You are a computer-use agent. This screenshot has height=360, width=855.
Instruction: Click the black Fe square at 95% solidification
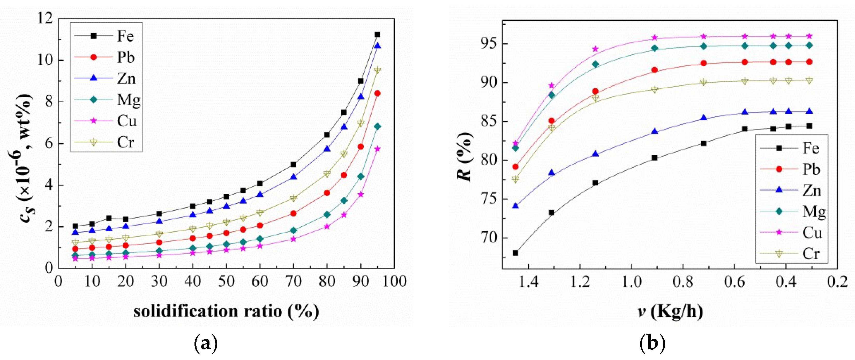pos(377,35)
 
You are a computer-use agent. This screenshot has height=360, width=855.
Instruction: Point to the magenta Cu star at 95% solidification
pos(377,149)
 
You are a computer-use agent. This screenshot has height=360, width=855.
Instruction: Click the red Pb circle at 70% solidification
pos(294,213)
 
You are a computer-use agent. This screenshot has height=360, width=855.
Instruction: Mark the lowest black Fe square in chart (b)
pos(515,253)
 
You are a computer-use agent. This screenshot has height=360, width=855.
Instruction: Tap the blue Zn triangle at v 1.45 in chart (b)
pos(515,206)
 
